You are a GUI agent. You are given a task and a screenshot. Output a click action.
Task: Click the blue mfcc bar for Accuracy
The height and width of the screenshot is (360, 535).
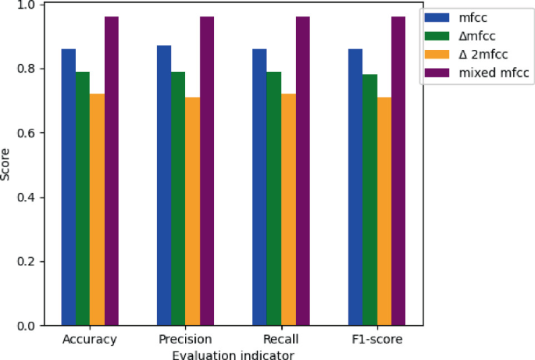[69, 187]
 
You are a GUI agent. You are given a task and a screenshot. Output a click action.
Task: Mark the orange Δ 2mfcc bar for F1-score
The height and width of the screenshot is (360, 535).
[383, 211]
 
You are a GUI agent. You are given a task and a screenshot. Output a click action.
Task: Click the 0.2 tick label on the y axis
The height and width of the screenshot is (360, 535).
[29, 261]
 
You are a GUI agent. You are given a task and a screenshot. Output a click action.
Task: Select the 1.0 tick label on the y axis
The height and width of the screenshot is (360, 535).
[29, 5]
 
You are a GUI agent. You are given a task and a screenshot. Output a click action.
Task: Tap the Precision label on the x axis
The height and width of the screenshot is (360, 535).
[186, 340]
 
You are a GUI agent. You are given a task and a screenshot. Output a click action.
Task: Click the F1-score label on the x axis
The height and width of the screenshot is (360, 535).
[376, 340]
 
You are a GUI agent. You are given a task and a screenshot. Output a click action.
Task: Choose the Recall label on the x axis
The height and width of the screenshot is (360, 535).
[281, 340]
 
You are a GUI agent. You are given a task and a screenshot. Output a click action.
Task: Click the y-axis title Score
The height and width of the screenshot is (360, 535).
[7, 165]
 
